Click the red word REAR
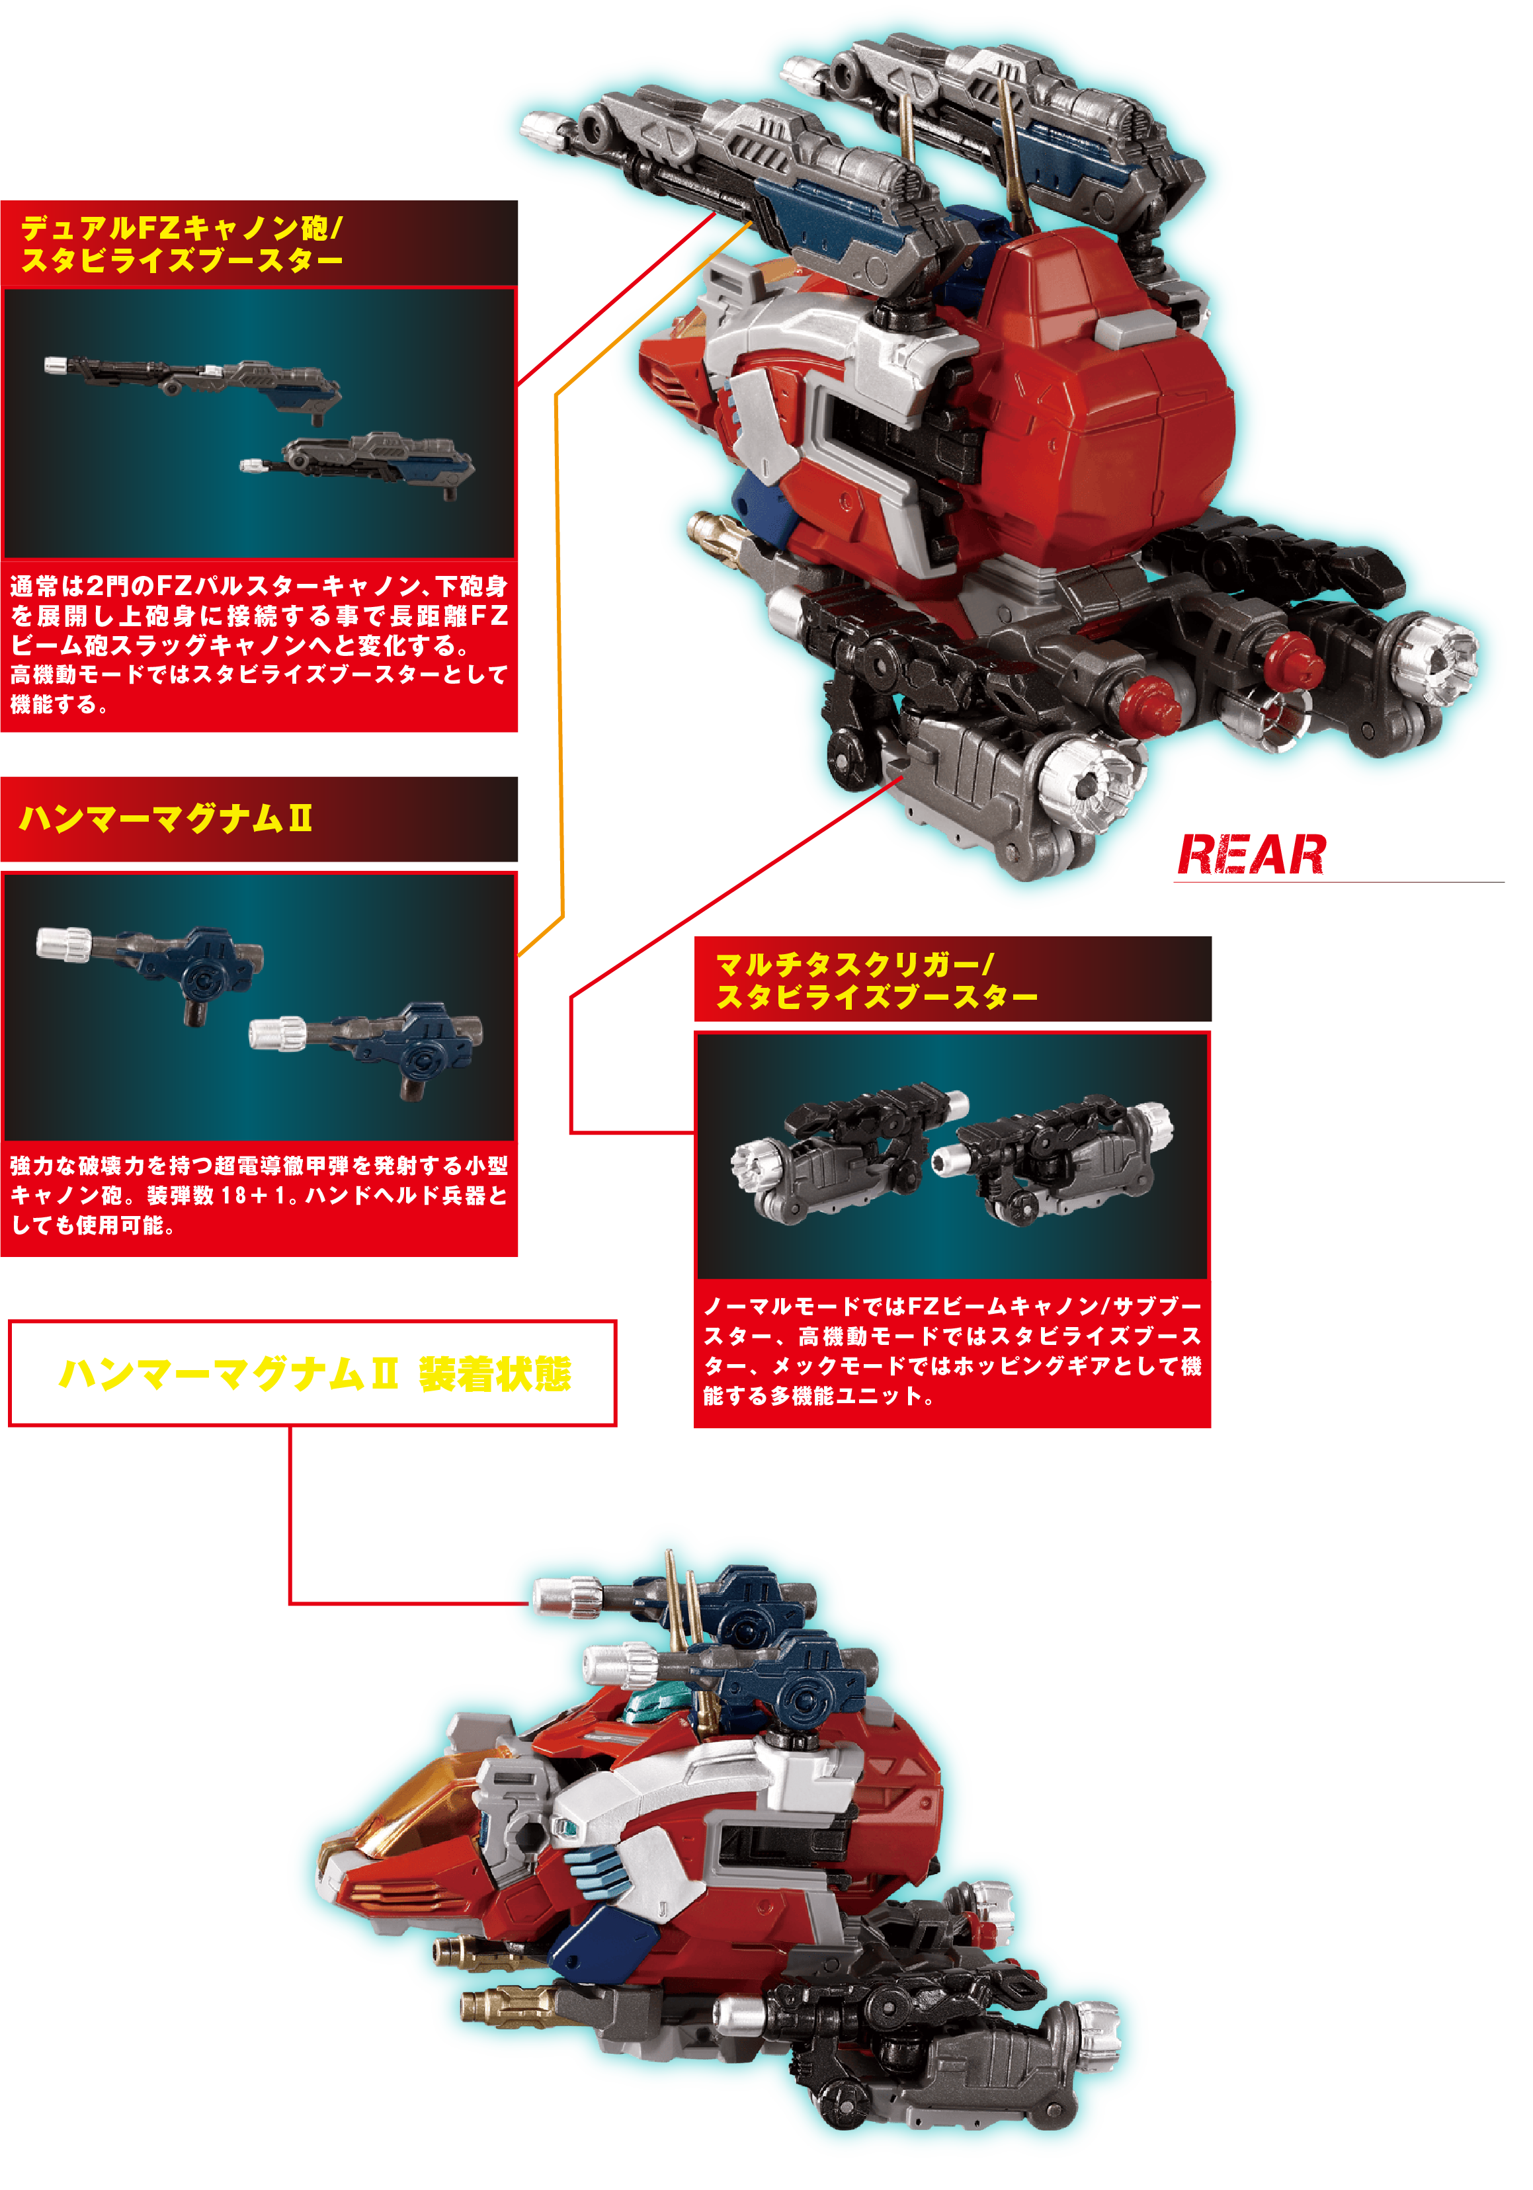tap(1251, 854)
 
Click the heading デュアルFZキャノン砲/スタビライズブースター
tap(181, 243)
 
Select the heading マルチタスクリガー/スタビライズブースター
tap(876, 981)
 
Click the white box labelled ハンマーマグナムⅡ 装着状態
tap(313, 1373)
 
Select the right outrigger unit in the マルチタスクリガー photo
tap(1053, 1158)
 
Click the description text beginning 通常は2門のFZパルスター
tap(259, 644)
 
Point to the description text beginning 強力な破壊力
tap(259, 1194)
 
